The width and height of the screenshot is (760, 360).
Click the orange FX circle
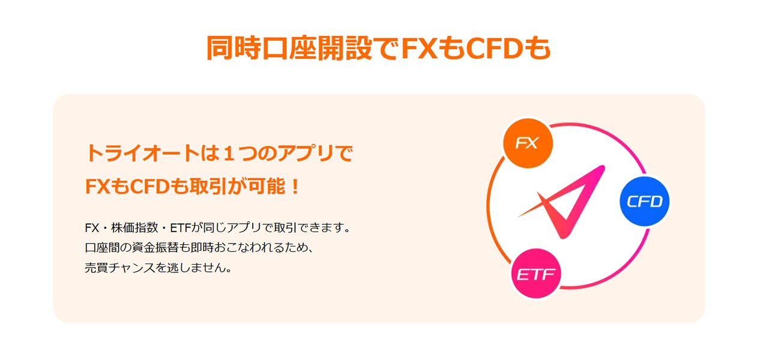pos(528,143)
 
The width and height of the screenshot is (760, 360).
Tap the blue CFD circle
pos(644,201)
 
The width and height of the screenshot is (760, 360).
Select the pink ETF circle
pos(536,274)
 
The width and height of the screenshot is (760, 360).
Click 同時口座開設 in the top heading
pos(289,48)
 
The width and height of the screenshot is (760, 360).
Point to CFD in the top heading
pos(495,49)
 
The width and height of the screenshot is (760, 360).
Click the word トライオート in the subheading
pos(142,153)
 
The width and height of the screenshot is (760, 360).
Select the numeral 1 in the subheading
pos(229,153)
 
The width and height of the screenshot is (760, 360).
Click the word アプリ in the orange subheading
pos(306,153)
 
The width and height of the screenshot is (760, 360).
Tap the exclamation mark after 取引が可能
pos(295,187)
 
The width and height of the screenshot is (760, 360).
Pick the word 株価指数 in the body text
pos(134,227)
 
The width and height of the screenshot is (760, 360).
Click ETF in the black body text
pos(181,228)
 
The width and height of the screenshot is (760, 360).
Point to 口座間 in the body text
pos(103,247)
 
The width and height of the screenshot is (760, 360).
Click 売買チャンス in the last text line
pos(120,268)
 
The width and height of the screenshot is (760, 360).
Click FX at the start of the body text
pos(92,228)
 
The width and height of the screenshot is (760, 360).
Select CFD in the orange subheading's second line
pos(149,187)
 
